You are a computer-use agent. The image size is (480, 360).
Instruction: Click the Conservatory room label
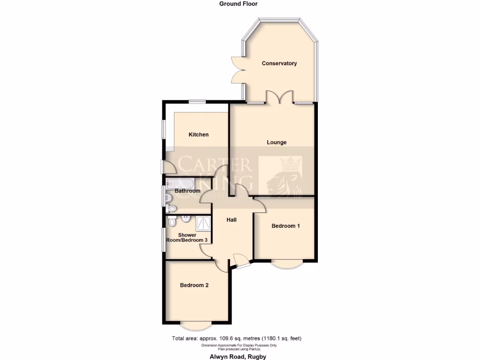click(279, 63)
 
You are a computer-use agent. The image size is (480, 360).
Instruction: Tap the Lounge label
click(277, 142)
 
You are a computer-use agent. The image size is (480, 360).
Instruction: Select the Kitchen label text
click(198, 135)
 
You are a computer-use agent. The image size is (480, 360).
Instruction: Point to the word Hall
click(231, 219)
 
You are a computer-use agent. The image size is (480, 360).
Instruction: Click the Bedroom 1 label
click(285, 226)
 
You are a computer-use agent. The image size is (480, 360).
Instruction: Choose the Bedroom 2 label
click(194, 285)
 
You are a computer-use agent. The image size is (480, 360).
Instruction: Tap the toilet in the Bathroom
click(171, 208)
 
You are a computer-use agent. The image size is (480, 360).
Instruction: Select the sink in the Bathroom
click(168, 197)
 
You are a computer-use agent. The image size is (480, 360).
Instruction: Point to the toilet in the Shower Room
click(172, 221)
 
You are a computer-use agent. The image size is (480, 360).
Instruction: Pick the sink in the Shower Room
click(186, 218)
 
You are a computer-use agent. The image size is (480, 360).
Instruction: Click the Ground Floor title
click(238, 4)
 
